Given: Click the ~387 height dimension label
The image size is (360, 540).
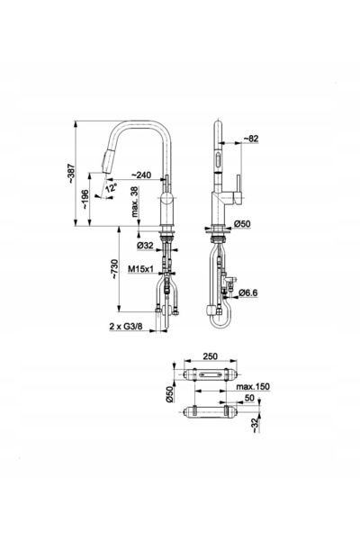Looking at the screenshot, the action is pos(71,173).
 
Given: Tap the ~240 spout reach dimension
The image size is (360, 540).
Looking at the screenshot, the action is pos(141,175).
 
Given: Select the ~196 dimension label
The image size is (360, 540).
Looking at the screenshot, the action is pos(85,200).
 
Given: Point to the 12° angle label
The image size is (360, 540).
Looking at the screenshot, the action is pos(112,188).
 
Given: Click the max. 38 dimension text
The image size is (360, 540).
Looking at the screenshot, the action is pos(135,202).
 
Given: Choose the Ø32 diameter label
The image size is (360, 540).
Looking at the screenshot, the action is pos(145,246).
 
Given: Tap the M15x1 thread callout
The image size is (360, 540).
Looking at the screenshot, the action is pos(140,268).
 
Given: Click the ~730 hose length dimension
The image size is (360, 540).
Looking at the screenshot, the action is pos(114,269).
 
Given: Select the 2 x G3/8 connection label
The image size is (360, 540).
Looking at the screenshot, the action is pos(126,326).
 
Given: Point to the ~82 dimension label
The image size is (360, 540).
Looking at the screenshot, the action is pos(251,139).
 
